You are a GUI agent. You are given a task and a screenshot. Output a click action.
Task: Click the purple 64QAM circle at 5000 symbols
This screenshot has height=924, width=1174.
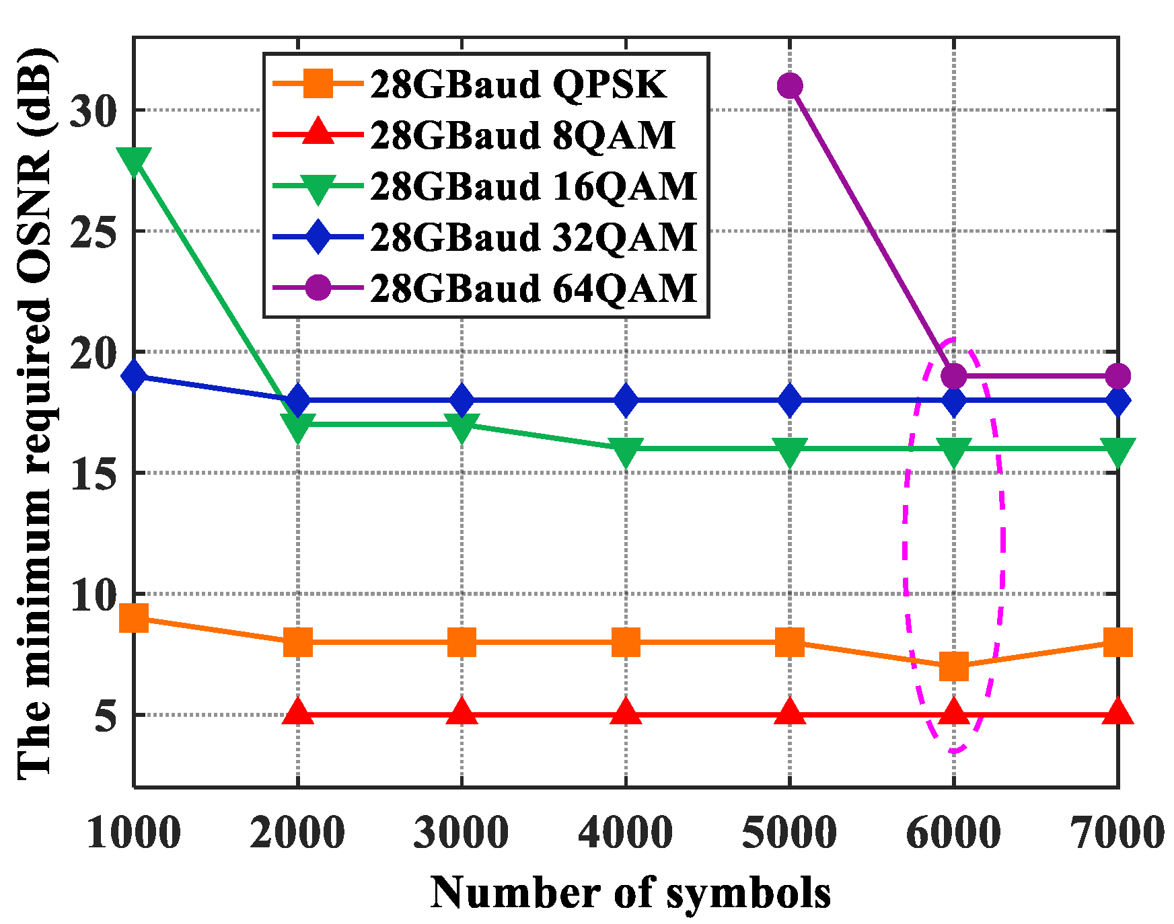pyautogui.click(x=789, y=85)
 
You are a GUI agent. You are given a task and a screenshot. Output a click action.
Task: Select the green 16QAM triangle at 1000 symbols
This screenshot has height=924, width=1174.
pyautogui.click(x=134, y=160)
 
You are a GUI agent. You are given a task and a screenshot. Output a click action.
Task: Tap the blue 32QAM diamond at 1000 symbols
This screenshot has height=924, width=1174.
pyautogui.click(x=134, y=376)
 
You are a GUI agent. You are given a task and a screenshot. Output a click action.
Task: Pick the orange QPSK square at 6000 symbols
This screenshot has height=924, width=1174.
pyautogui.click(x=953, y=666)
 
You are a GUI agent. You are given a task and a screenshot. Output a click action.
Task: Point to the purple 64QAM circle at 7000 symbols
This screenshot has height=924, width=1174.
pyautogui.click(x=1117, y=376)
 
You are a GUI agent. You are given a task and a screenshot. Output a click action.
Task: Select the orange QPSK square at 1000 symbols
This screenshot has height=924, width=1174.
pyautogui.click(x=134, y=618)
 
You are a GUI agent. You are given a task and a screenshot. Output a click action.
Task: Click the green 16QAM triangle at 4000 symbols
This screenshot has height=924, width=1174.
pyautogui.click(x=626, y=451)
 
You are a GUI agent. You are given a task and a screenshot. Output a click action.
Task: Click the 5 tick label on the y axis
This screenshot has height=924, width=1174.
pyautogui.click(x=106, y=716)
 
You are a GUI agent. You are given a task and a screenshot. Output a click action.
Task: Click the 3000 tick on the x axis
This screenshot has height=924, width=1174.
pyautogui.click(x=462, y=833)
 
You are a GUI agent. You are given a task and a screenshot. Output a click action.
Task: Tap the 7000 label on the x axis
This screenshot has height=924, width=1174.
pyautogui.click(x=1117, y=833)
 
